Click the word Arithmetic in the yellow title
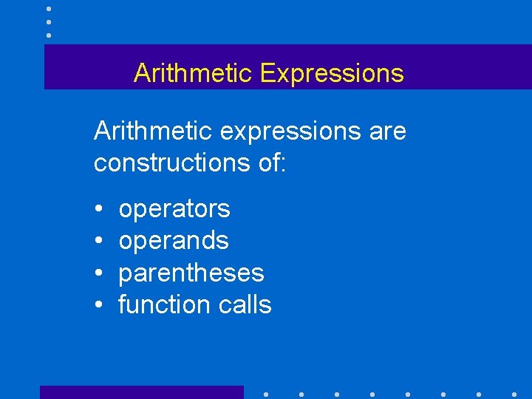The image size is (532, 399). click(194, 73)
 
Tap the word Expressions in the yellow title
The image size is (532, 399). click(332, 73)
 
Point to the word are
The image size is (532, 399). click(386, 132)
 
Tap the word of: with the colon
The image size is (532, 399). click(267, 163)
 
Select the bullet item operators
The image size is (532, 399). click(174, 210)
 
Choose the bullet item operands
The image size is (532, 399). click(174, 241)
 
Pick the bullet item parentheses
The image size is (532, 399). click(191, 273)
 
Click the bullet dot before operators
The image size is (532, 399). click(99, 210)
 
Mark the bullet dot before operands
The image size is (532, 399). click(99, 242)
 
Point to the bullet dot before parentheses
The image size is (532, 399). click(99, 273)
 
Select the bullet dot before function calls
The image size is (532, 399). click(99, 305)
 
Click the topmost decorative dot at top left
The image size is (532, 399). click(49, 9)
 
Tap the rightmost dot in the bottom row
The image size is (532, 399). click(514, 394)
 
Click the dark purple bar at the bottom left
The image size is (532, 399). click(141, 392)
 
